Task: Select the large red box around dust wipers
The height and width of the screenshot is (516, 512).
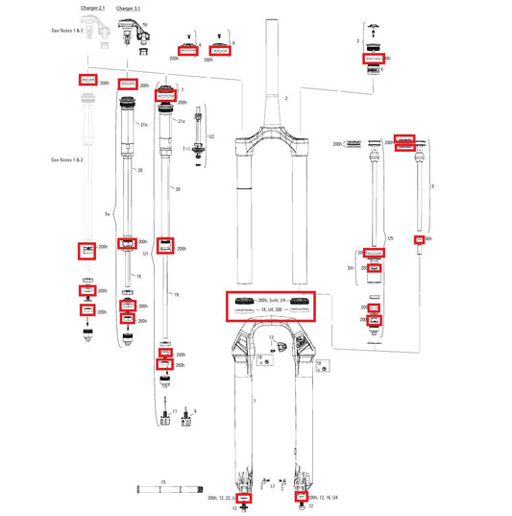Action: click(269, 307)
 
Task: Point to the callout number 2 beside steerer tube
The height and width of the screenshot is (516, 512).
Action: click(285, 99)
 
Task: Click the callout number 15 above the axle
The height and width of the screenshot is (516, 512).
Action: click(163, 479)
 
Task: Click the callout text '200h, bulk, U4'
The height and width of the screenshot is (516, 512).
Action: click(269, 301)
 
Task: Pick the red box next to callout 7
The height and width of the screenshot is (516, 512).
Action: click(164, 93)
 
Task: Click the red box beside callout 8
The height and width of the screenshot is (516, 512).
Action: click(219, 48)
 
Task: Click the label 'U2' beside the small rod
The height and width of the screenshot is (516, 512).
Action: click(212, 136)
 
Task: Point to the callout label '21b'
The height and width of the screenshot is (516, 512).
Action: click(144, 125)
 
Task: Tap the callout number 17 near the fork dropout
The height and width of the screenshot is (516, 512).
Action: click(273, 486)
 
